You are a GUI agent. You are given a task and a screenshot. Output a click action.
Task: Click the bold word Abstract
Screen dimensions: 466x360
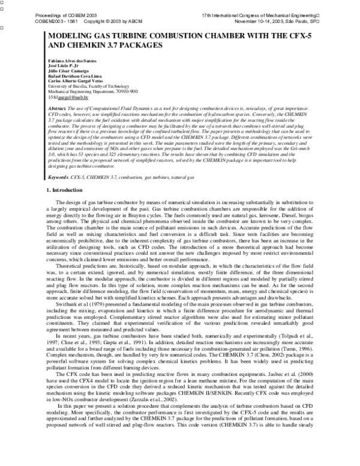pyautogui.click(x=58, y=108)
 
